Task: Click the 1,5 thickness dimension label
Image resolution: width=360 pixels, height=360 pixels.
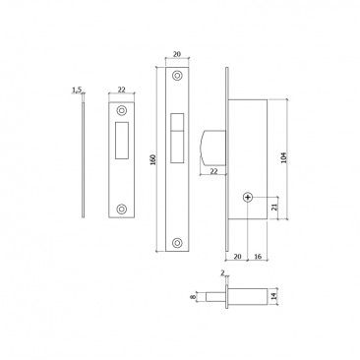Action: pyautogui.click(x=76, y=90)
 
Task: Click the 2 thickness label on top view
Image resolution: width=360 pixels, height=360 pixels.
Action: pyautogui.click(x=224, y=276)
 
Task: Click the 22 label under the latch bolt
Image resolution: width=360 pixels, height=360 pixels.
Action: pyautogui.click(x=214, y=171)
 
